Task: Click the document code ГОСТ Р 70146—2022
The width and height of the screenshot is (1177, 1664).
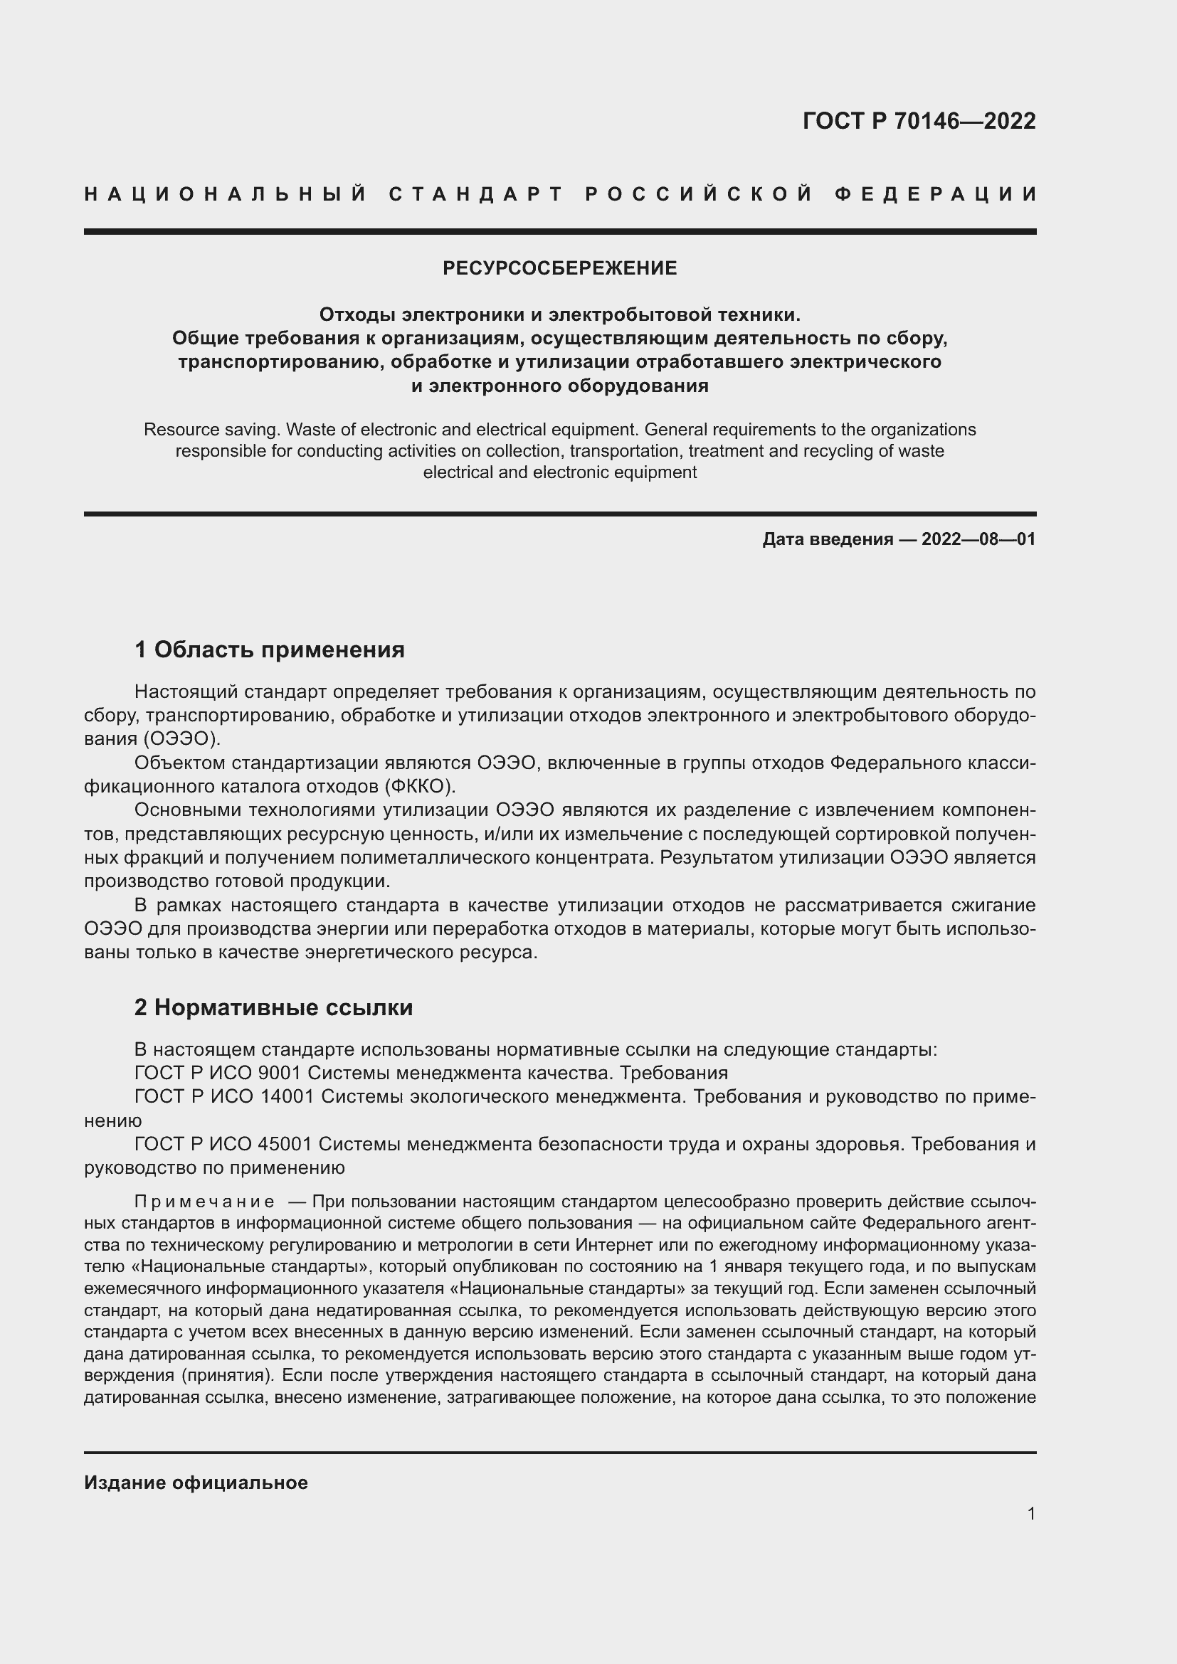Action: (919, 121)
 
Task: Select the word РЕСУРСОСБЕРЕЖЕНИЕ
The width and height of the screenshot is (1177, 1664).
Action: (559, 269)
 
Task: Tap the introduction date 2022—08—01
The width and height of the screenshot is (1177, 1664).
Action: (978, 539)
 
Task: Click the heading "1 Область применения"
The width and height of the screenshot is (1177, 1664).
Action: (270, 650)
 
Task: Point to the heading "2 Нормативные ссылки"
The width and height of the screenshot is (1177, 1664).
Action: (274, 1007)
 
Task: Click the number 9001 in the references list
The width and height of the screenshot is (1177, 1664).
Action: (279, 1073)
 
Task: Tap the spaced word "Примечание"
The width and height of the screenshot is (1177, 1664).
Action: (204, 1202)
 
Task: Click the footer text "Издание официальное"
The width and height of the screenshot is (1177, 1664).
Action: (196, 1483)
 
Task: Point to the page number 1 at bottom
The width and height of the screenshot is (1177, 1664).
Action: (1031, 1514)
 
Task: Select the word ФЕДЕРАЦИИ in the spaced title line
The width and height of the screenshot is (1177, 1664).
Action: (936, 194)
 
